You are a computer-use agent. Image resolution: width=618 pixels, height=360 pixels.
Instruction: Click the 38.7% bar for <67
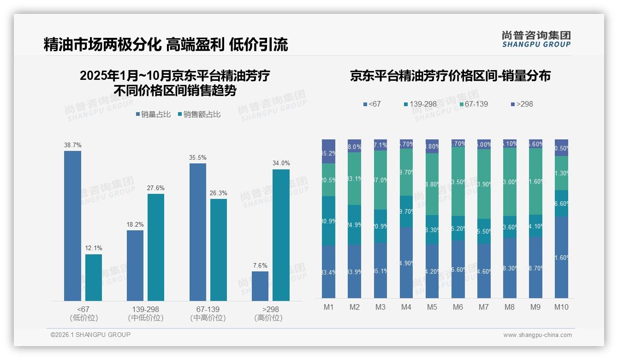(x=72, y=226)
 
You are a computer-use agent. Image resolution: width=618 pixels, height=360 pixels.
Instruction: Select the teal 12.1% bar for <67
(x=94, y=277)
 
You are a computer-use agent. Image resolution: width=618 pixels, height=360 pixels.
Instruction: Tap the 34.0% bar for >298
(x=281, y=235)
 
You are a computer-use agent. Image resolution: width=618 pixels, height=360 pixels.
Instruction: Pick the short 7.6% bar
(x=260, y=286)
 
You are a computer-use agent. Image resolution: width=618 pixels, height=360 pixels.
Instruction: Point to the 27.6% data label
(x=156, y=188)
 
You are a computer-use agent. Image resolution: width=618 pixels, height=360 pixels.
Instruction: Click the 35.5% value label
(x=197, y=158)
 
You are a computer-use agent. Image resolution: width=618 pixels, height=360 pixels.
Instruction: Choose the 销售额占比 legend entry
(x=199, y=114)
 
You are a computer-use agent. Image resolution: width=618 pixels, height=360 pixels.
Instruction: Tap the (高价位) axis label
(x=268, y=318)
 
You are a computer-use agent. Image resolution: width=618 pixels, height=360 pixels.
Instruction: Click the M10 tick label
(x=561, y=307)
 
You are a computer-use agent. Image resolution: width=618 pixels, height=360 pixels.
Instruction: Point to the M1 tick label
(x=328, y=307)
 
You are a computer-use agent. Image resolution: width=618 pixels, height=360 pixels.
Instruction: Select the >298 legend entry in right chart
(x=522, y=104)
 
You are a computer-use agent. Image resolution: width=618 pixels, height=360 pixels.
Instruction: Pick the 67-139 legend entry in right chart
(x=473, y=104)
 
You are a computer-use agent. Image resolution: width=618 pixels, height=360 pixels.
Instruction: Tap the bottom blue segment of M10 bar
(x=561, y=257)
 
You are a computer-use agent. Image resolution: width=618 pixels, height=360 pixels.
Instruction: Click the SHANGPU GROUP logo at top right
(x=536, y=39)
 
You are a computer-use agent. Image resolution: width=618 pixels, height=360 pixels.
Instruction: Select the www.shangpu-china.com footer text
(x=537, y=335)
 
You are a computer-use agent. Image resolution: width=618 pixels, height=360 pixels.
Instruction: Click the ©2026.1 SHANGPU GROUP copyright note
(x=90, y=335)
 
